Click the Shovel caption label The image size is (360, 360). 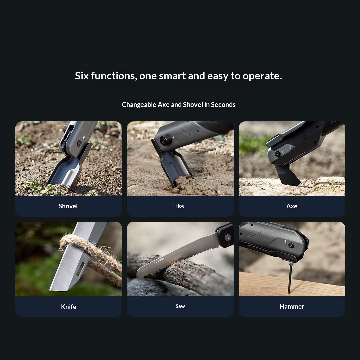click(x=68, y=206)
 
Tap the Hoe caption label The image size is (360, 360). click(x=180, y=206)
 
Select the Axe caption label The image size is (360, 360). click(x=292, y=206)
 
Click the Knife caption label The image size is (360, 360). click(x=69, y=307)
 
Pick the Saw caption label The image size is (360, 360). click(x=180, y=306)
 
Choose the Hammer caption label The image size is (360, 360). click(x=292, y=306)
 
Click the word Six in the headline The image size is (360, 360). click(x=82, y=76)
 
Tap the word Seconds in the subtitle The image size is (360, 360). click(x=223, y=105)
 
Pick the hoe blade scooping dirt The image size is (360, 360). click(x=173, y=167)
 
